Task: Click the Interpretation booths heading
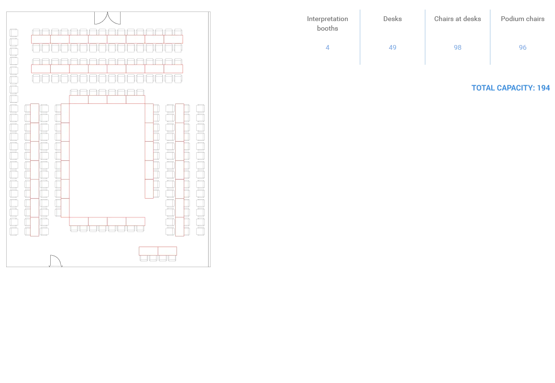pyautogui.click(x=327, y=23)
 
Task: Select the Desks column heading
pyautogui.click(x=392, y=19)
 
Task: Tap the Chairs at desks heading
pyautogui.click(x=457, y=19)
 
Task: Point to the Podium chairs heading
pyautogui.click(x=522, y=19)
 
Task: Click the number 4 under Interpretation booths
pyautogui.click(x=327, y=47)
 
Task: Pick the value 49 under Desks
pyautogui.click(x=392, y=47)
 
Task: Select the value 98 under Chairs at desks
pyautogui.click(x=457, y=47)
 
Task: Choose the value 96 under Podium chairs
pyautogui.click(x=522, y=47)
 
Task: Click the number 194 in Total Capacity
pyautogui.click(x=544, y=88)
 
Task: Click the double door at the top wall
pyautogui.click(x=107, y=18)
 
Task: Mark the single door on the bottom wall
pyautogui.click(x=55, y=261)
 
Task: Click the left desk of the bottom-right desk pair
pyautogui.click(x=148, y=251)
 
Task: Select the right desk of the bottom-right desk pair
pyautogui.click(x=167, y=251)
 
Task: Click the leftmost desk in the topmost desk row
pyautogui.click(x=41, y=39)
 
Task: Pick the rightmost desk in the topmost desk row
pyautogui.click(x=173, y=39)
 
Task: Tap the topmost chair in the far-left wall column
pyautogui.click(x=14, y=33)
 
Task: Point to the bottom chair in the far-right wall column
pyautogui.click(x=200, y=231)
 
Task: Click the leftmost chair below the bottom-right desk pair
pyautogui.click(x=144, y=259)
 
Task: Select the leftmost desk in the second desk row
pyautogui.click(x=41, y=69)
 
